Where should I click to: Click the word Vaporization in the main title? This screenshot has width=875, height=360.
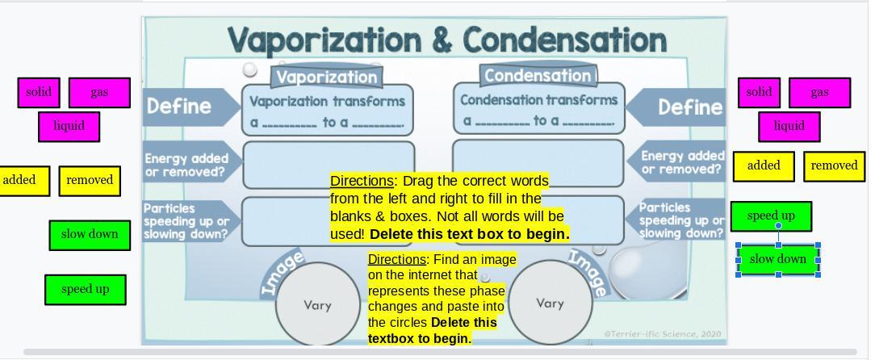pyautogui.click(x=324, y=40)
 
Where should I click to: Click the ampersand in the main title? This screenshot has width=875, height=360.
pyautogui.click(x=442, y=40)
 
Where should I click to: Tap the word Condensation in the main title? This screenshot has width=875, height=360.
pyautogui.click(x=565, y=40)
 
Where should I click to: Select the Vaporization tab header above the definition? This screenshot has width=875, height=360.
pyautogui.click(x=326, y=77)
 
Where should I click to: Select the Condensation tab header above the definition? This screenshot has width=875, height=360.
pyautogui.click(x=538, y=75)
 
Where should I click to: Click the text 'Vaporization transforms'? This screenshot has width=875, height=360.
pyautogui.click(x=327, y=102)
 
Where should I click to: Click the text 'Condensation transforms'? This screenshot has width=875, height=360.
pyautogui.click(x=538, y=100)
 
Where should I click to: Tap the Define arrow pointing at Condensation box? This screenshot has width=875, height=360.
pyautogui.click(x=676, y=106)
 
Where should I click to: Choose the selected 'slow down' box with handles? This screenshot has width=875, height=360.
pyautogui.click(x=778, y=259)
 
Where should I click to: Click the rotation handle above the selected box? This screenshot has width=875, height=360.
pyautogui.click(x=778, y=225)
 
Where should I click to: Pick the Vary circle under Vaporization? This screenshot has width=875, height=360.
pyautogui.click(x=317, y=305)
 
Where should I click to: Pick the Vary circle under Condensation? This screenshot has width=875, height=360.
pyautogui.click(x=550, y=303)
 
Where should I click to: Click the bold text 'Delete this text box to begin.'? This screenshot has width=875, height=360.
pyautogui.click(x=469, y=234)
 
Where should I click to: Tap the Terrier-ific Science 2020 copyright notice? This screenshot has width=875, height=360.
pyautogui.click(x=663, y=334)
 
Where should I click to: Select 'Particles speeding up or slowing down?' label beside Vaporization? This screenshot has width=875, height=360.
pyautogui.click(x=186, y=221)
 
